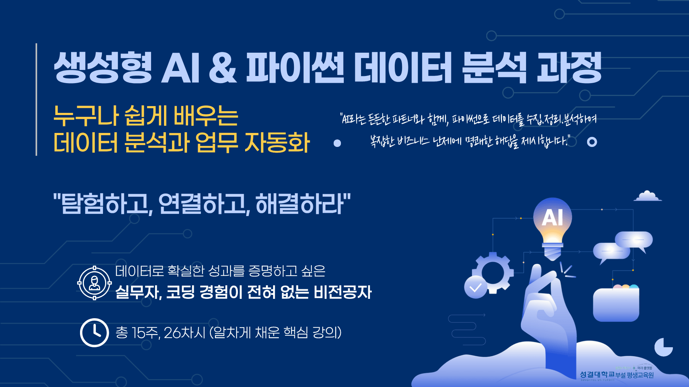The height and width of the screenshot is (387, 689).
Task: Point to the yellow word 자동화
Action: [277, 143]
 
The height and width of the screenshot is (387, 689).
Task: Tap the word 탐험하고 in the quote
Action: [104, 204]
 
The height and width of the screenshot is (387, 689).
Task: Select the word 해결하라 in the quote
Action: [301, 204]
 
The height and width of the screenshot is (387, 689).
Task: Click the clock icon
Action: [94, 333]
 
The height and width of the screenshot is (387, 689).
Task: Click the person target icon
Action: [94, 283]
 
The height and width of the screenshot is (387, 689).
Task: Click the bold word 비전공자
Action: [343, 292]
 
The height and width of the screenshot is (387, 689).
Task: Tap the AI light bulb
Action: [552, 226]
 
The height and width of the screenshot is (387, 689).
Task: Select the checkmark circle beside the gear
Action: [475, 287]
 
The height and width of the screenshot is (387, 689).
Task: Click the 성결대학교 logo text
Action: [597, 374]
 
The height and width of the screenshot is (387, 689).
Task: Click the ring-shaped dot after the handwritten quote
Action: [592, 142]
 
